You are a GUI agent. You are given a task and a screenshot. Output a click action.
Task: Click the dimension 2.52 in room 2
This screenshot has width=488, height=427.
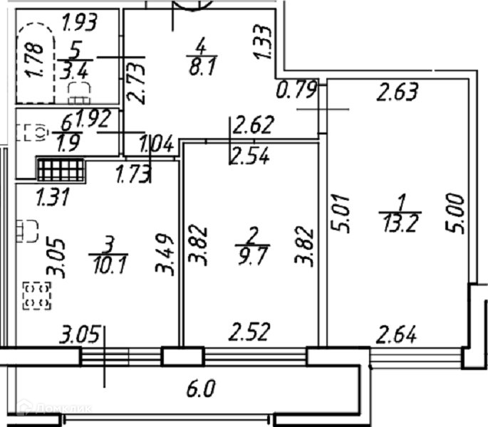click(249, 332)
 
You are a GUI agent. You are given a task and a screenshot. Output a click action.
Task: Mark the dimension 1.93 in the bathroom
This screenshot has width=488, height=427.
click(79, 23)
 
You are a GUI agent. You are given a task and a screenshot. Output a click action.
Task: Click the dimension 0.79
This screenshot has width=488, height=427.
click(296, 92)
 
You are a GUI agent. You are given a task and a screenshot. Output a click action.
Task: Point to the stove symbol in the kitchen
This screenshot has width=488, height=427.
click(37, 295)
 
